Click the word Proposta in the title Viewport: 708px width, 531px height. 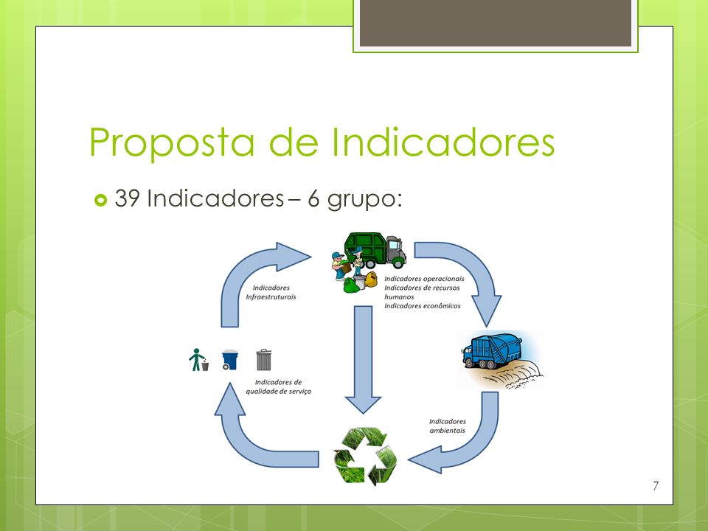tap(172, 142)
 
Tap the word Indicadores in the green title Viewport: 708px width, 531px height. tap(443, 142)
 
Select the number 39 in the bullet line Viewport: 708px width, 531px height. tap(127, 198)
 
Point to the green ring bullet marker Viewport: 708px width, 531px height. tap(101, 200)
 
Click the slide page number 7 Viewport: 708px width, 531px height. tap(656, 486)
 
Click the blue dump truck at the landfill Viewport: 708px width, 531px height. tap(491, 351)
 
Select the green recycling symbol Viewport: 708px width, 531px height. tap(365, 455)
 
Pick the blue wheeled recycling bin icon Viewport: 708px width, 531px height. tap(230, 360)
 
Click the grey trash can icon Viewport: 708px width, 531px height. tap(264, 360)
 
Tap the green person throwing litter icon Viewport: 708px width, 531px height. tap(198, 360)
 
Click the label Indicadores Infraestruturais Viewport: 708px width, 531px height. tap(271, 292)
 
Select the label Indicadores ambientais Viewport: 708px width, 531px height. tap(448, 426)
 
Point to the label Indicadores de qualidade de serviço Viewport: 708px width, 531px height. tap(279, 386)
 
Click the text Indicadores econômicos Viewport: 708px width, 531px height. tap(423, 305)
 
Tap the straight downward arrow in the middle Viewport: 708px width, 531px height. tap(363, 360)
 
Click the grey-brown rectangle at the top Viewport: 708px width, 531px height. tap(496, 23)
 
